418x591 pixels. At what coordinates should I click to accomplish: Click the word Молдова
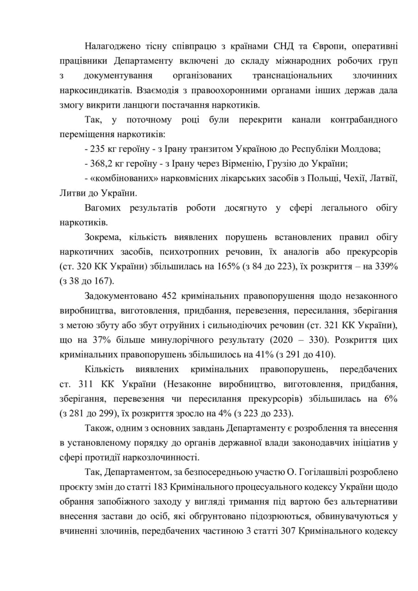(360, 150)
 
